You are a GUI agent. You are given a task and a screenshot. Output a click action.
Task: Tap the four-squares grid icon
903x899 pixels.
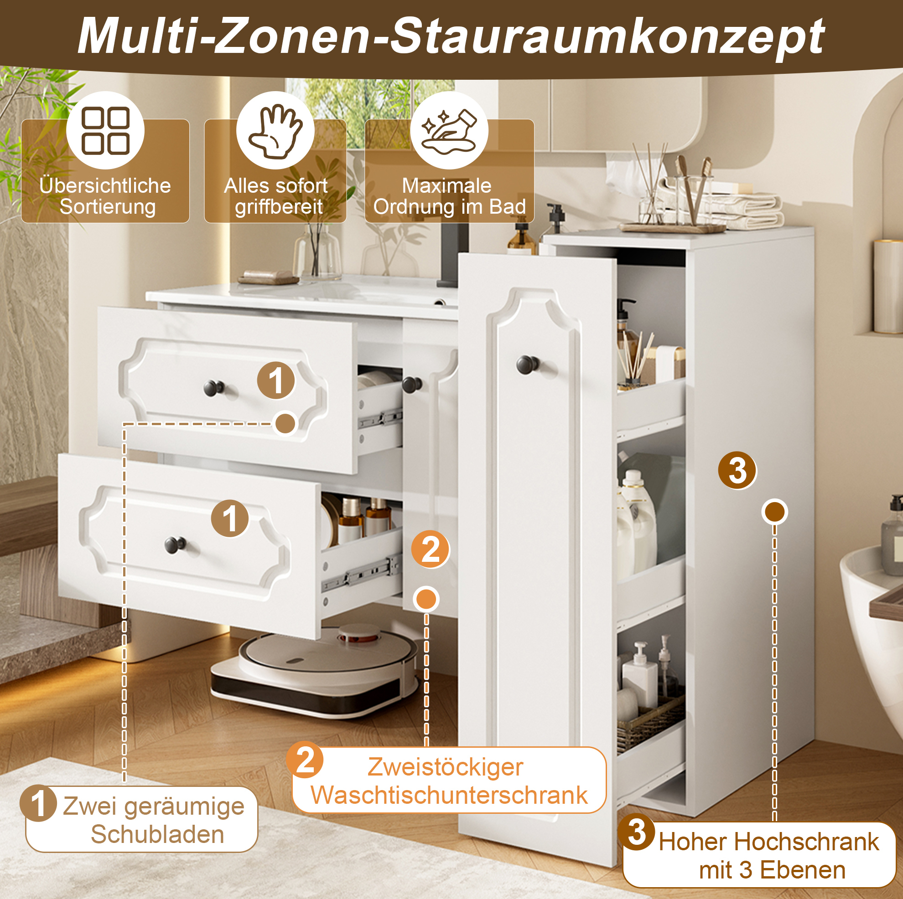click(105, 131)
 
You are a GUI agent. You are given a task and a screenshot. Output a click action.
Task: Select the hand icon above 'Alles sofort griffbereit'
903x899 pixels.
click(275, 131)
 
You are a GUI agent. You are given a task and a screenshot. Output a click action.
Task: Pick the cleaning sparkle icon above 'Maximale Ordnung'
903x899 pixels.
click(449, 131)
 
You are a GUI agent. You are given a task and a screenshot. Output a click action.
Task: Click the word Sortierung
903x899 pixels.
click(108, 206)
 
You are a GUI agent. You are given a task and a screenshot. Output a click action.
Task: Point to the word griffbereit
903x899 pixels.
click(279, 206)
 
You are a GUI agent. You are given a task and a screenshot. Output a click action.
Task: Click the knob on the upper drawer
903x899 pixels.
click(214, 388)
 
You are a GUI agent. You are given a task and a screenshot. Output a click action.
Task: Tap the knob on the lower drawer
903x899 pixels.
click(175, 544)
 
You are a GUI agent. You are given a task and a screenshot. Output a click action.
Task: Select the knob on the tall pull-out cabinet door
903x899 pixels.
click(528, 364)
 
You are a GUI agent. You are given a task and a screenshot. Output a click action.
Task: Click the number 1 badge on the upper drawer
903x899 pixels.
click(276, 380)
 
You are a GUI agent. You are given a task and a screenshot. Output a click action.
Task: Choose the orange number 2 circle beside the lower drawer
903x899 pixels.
click(431, 549)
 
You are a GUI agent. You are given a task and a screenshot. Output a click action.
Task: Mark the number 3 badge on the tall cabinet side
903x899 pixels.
click(737, 470)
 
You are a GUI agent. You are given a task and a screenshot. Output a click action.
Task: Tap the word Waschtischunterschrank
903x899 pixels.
click(449, 795)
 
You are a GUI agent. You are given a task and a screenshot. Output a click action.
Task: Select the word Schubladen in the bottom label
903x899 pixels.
click(157, 834)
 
